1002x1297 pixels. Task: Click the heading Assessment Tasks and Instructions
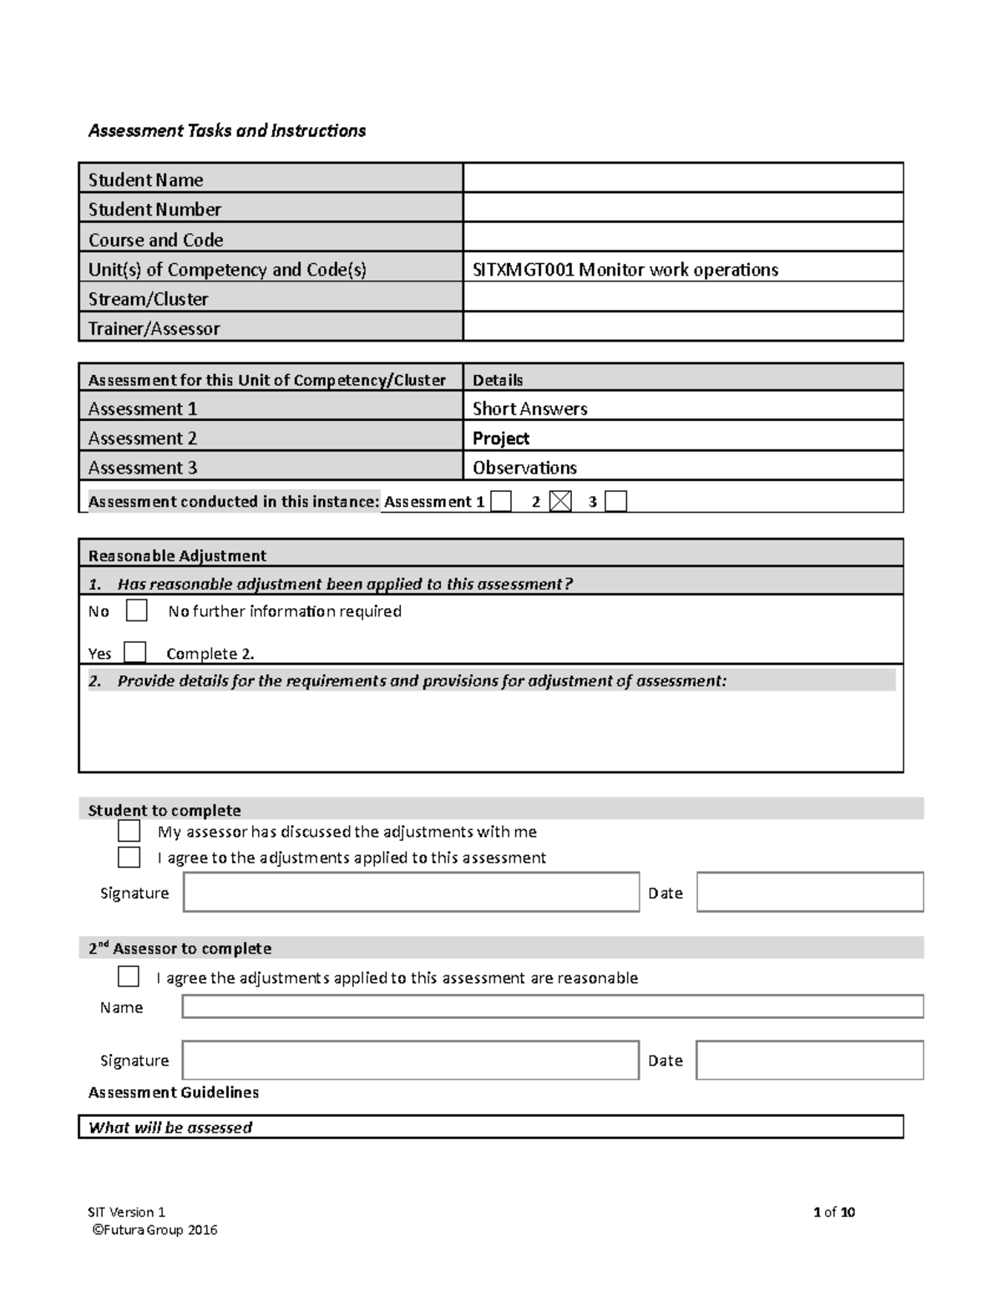[x=227, y=131]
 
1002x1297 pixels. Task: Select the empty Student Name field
[x=682, y=179]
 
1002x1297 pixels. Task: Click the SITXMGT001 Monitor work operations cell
[x=625, y=270]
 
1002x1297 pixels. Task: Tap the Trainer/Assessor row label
[x=154, y=328]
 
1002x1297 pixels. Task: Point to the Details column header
[x=498, y=380]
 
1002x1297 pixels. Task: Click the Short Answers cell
[x=530, y=408]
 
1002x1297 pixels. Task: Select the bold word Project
[x=501, y=438]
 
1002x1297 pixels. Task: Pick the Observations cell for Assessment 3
[x=525, y=468]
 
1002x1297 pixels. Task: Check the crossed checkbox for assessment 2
[x=561, y=501]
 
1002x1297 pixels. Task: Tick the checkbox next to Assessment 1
[x=501, y=501]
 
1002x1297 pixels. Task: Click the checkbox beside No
[x=137, y=611]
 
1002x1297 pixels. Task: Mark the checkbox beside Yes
[x=134, y=652]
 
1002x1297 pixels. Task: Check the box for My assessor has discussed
[x=129, y=831]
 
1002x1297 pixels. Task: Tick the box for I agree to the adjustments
[x=129, y=857]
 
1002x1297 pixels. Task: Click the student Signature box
[x=411, y=892]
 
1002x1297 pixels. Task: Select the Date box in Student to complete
[x=809, y=892]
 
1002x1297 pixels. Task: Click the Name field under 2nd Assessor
[x=552, y=1006]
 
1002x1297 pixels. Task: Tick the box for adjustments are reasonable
[x=129, y=976]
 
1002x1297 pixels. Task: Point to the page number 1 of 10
[x=833, y=1212]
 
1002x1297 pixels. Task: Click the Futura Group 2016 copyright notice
[x=154, y=1229]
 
